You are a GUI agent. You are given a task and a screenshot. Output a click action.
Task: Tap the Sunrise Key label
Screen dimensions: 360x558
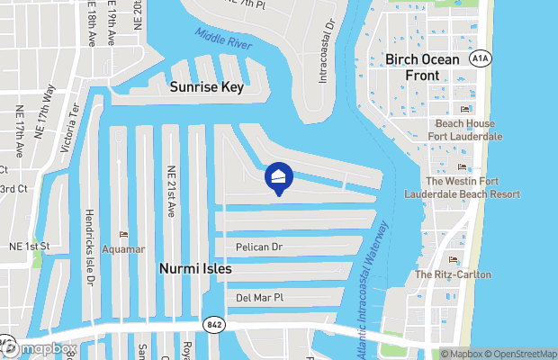pos(207,87)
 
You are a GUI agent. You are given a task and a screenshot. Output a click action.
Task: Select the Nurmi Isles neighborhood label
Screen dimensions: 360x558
pos(195,268)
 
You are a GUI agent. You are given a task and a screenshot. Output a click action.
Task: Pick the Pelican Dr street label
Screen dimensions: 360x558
pos(259,246)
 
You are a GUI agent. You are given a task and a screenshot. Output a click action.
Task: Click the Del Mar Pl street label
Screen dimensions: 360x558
pos(259,297)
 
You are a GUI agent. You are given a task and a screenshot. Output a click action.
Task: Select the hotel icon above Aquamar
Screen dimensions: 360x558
pos(122,234)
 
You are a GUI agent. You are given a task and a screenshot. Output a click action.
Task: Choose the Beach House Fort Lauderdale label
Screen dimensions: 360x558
pos(466,130)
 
